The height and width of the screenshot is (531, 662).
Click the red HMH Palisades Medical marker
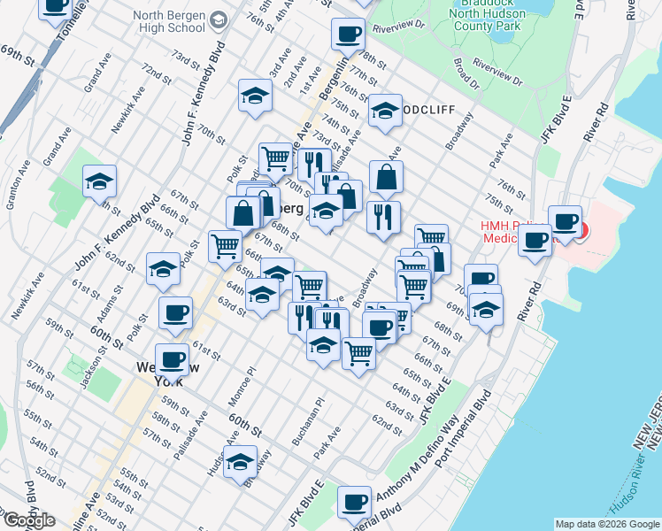[581, 231]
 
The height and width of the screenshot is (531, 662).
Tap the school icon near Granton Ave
[99, 181]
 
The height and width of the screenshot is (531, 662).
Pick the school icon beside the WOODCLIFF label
[385, 110]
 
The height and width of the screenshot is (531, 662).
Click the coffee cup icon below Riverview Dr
[347, 35]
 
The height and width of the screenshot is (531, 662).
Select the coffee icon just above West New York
[172, 358]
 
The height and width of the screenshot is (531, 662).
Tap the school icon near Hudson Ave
[239, 461]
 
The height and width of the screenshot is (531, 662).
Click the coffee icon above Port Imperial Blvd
[354, 501]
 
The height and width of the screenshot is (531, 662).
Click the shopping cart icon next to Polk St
[225, 245]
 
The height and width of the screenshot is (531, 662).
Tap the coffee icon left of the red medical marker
[535, 241]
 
